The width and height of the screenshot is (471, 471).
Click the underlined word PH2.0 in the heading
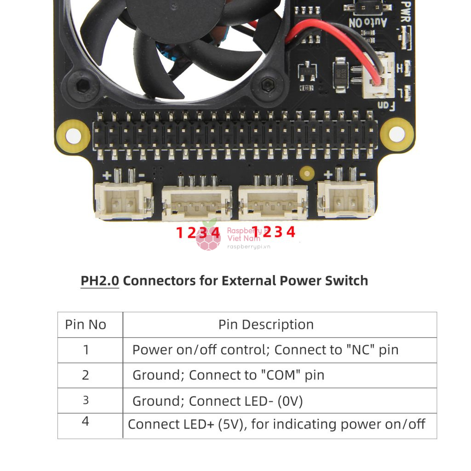point(100,281)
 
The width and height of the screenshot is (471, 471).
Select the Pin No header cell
point(86,325)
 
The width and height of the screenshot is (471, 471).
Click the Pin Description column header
point(266,325)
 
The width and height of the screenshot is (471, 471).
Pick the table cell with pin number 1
point(86,350)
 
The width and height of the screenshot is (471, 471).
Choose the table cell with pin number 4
point(86,421)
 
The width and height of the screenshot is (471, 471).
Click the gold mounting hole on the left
point(73,137)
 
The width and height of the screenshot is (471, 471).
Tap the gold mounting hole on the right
point(396,134)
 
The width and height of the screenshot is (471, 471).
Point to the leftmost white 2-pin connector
point(123,199)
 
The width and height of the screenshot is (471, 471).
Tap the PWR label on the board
point(406,10)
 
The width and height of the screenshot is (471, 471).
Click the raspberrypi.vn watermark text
point(249,247)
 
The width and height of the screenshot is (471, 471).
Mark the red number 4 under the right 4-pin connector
point(291,232)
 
